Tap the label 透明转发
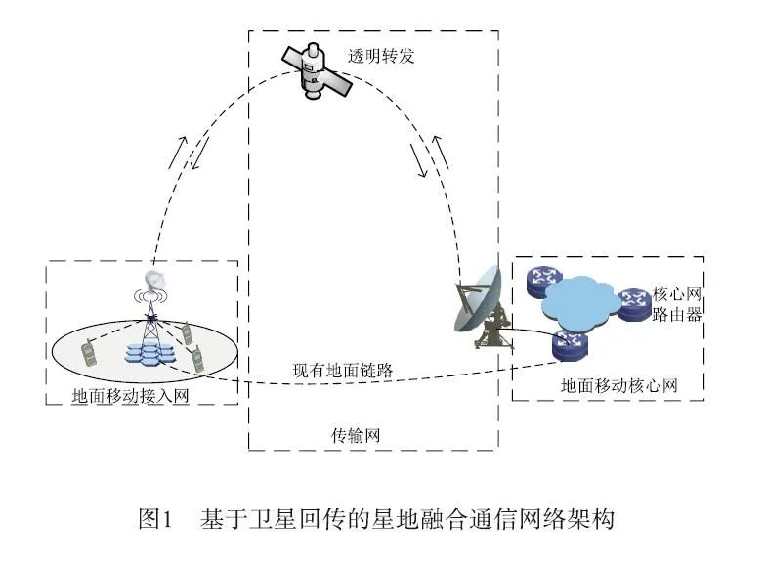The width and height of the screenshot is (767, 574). [382, 56]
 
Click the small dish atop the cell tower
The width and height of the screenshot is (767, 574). [153, 282]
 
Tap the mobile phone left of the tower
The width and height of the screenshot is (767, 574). [89, 352]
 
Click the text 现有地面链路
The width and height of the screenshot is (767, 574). [343, 373]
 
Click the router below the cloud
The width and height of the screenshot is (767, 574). [568, 343]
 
